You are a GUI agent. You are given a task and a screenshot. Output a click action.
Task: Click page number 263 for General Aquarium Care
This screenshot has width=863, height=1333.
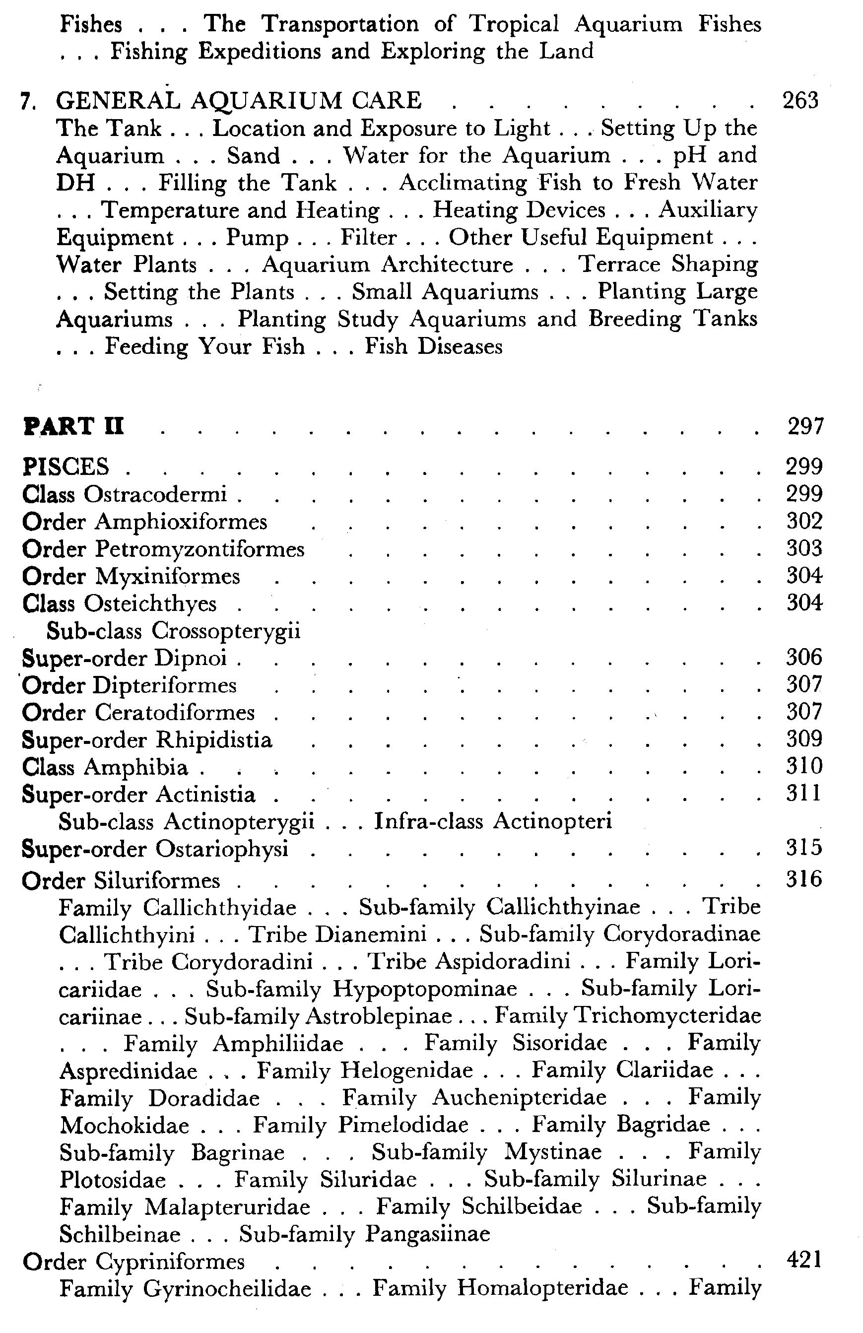tap(800, 101)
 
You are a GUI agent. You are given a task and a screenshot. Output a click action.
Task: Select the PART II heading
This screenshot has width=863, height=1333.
tap(73, 427)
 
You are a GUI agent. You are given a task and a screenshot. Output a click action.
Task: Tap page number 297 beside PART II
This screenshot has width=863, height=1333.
tap(805, 427)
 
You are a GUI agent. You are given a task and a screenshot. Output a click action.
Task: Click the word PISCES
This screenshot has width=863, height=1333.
tap(66, 467)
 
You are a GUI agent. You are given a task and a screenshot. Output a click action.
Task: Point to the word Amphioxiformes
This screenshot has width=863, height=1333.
tap(181, 522)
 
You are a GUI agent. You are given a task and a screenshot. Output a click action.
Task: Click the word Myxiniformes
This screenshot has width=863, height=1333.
tap(167, 576)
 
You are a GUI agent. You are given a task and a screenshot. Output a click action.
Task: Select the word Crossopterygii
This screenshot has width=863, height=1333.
tap(226, 631)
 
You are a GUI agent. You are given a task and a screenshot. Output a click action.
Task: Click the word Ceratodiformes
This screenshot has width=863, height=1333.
tap(174, 713)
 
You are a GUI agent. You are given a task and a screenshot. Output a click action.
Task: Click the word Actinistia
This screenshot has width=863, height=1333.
tap(205, 795)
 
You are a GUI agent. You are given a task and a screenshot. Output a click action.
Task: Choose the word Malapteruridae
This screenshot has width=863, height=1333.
tap(227, 1206)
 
